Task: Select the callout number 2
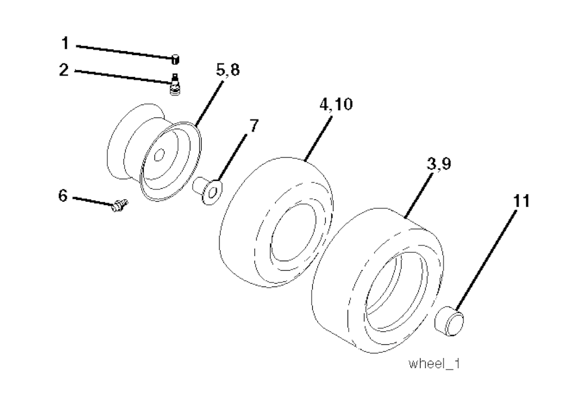click(x=65, y=70)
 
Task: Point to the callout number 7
click(x=254, y=125)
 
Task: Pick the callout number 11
click(x=521, y=202)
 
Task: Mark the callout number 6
click(x=63, y=196)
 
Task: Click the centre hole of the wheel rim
click(x=159, y=154)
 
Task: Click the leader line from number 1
click(x=124, y=51)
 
